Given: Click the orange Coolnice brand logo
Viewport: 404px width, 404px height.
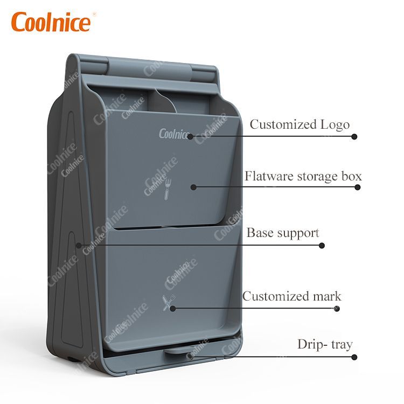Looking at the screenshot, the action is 51,22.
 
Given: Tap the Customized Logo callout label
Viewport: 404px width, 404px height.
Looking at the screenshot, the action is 299,124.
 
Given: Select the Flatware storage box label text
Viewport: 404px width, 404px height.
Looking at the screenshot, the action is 303,176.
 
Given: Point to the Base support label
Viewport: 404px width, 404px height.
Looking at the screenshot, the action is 283,233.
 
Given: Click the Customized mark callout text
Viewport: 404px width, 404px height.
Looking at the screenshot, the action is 291,296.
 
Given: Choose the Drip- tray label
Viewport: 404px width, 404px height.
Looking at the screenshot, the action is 325,345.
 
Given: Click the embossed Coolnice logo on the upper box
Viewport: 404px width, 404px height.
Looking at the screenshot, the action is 174,134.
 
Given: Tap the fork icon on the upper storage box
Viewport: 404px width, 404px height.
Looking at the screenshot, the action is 168,189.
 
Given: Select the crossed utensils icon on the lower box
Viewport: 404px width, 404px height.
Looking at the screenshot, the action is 169,302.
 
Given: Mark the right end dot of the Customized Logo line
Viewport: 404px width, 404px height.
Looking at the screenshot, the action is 354,137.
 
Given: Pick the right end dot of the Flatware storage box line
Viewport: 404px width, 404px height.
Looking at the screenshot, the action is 357,187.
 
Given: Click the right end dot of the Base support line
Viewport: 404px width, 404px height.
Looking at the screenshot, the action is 322,246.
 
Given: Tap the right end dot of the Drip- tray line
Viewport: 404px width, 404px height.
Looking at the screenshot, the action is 354,357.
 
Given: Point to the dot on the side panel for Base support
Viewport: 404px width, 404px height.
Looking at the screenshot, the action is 79,245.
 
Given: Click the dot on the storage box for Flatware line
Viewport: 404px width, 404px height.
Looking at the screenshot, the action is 193,187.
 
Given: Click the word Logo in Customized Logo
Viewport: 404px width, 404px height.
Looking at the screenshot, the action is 335,125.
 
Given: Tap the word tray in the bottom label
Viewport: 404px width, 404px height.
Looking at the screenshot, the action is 342,345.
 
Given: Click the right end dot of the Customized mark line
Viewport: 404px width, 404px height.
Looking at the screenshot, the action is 337,309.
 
